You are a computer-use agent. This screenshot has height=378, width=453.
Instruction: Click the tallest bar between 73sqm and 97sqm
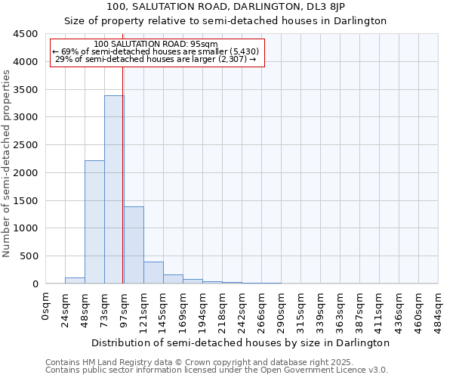[x=113, y=189]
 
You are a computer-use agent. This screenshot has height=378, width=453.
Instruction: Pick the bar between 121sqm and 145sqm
[x=153, y=273]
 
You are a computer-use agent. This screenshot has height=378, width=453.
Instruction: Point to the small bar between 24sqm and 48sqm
[x=75, y=280]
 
